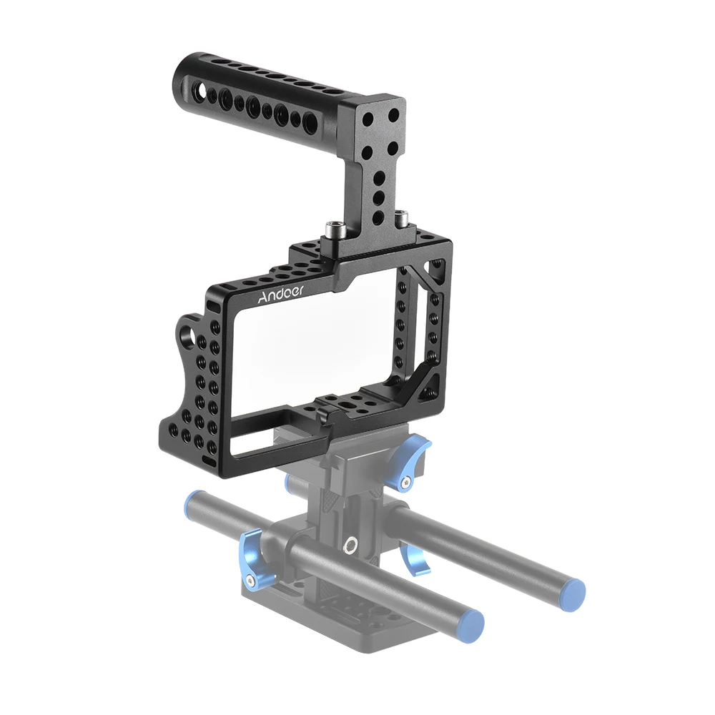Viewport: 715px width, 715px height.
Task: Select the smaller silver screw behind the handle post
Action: [x=400, y=215]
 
